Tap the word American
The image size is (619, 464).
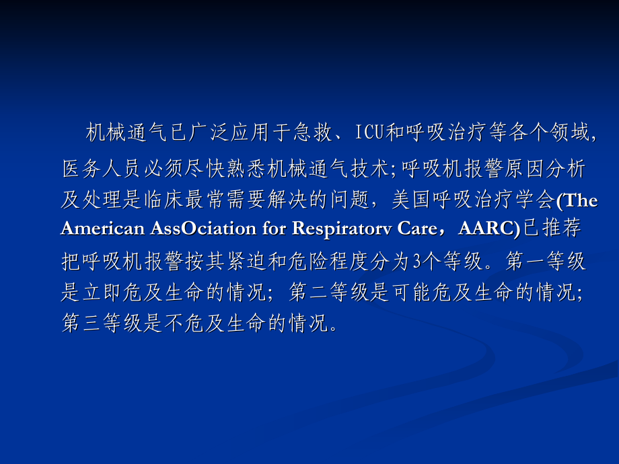[x=101, y=228]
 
